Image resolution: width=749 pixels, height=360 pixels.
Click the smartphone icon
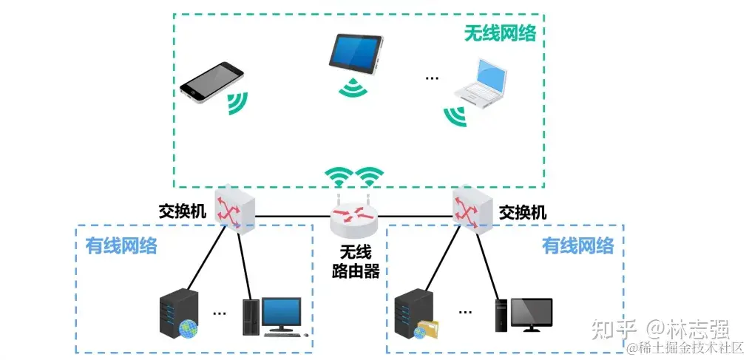coord(211,81)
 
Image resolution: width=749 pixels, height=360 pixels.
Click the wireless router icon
coord(353,215)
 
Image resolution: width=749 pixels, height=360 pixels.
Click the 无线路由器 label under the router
coord(355,262)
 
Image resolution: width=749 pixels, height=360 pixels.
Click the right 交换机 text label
coord(523,213)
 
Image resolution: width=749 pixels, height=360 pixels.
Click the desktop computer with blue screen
coord(274,317)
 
